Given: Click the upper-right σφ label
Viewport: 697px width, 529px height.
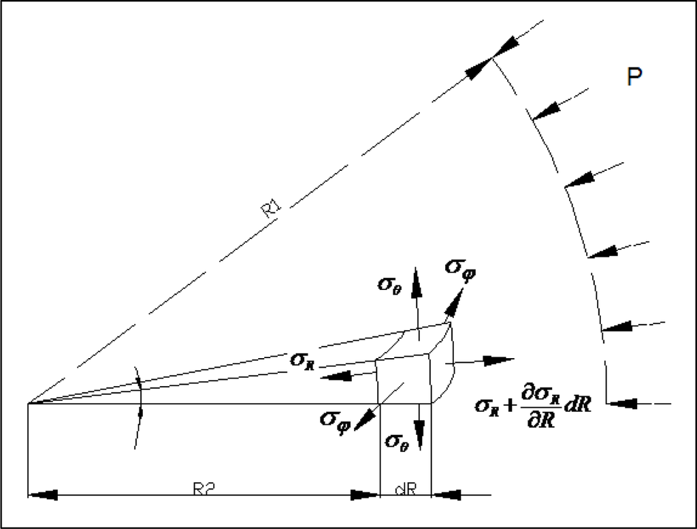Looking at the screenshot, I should [461, 265].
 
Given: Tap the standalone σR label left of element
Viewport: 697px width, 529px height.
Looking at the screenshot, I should [301, 360].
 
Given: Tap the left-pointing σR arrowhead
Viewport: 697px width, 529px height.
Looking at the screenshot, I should [333, 374].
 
